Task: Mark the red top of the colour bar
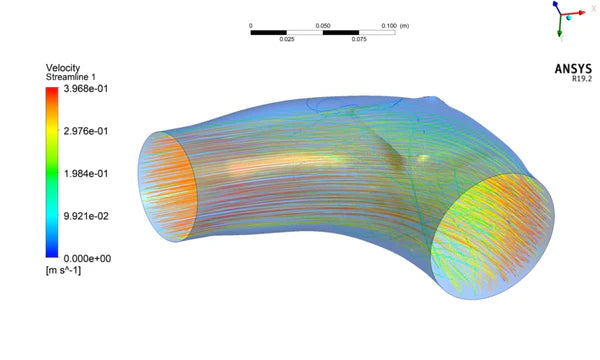(51, 92)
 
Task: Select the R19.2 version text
(581, 79)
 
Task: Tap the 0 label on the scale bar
(251, 24)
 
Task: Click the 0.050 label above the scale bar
(323, 24)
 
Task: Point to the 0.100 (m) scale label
(401, 24)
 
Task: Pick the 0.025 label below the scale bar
(287, 40)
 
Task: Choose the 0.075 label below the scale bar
(359, 40)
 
